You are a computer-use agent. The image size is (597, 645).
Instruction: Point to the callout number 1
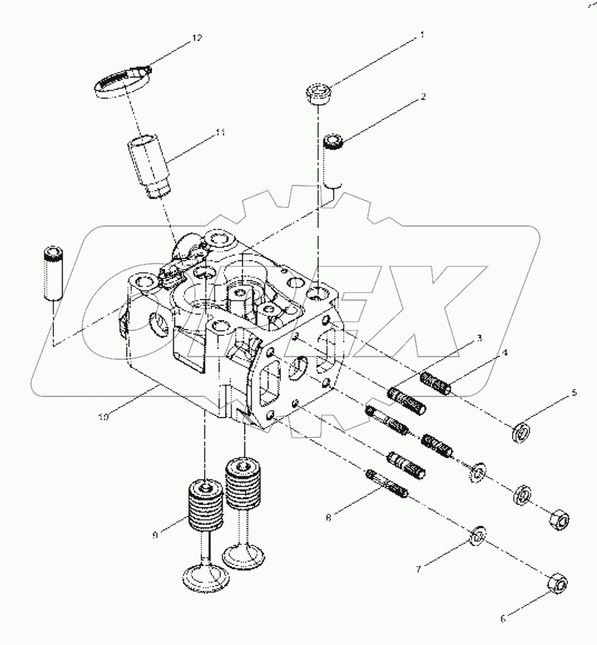[x=422, y=34]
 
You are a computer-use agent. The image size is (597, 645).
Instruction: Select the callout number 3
[x=479, y=338]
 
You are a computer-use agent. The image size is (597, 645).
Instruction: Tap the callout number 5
[x=573, y=393]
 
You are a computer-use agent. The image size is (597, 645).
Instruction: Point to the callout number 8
[x=328, y=517]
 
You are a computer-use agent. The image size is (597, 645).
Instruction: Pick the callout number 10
[x=104, y=417]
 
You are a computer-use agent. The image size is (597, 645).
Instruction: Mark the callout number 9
[x=154, y=535]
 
